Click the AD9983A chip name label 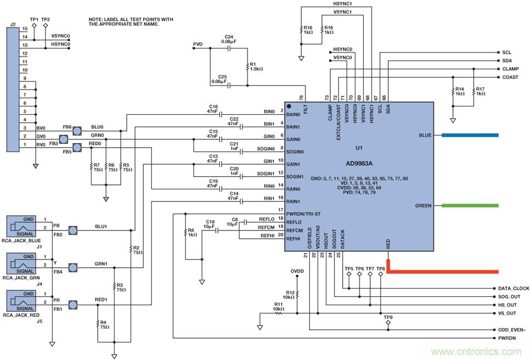359,164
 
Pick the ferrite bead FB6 77,130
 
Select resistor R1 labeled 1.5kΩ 247,66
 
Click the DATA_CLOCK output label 513,289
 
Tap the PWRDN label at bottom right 507,339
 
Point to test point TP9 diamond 388,324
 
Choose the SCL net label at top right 506,52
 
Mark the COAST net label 510,77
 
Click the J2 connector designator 13,25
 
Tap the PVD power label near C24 197,43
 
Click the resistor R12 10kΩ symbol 297,295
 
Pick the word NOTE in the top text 97,19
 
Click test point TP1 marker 34,26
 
